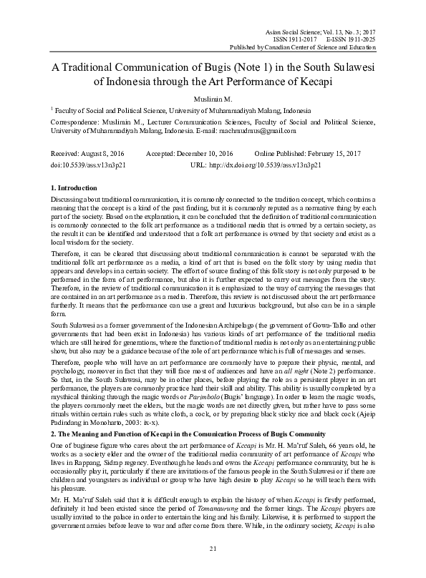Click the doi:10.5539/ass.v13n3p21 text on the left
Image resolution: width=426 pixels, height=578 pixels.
84,164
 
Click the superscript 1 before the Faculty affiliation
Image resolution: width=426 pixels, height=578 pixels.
52,109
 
